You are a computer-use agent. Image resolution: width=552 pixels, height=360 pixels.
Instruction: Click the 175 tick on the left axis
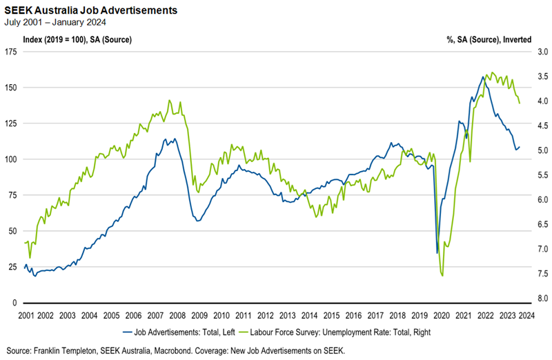[x=11, y=52]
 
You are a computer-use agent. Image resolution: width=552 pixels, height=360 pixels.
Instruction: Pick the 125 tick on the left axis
[x=11, y=123]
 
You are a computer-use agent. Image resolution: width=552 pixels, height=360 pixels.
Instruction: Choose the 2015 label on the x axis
[x=331, y=315]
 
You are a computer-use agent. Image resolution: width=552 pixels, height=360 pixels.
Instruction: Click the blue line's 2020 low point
[x=437, y=252]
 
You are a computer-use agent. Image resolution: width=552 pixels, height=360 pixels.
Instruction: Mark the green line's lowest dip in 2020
[x=442, y=276]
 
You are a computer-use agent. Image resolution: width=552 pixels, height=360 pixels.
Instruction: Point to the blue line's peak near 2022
[x=482, y=77]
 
